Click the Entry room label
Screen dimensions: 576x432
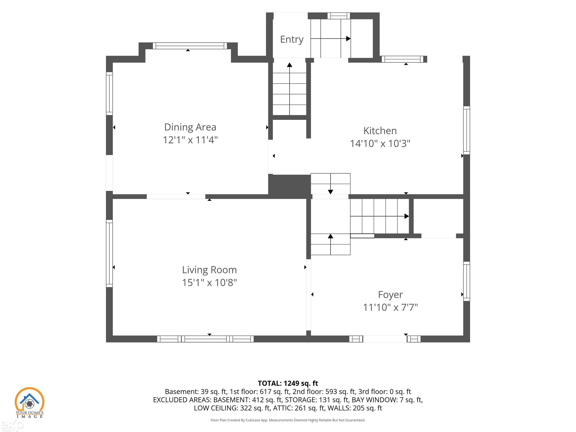(292, 40)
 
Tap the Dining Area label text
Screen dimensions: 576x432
(190, 127)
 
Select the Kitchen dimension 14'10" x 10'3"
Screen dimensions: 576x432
(380, 143)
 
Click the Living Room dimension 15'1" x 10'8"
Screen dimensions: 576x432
(209, 283)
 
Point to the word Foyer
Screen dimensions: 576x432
(390, 295)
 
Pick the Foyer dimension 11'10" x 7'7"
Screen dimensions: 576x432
(390, 307)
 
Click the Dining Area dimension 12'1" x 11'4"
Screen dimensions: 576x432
(190, 140)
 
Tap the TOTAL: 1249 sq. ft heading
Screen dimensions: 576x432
(288, 383)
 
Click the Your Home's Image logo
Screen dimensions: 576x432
(29, 403)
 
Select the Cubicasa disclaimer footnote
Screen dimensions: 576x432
(288, 420)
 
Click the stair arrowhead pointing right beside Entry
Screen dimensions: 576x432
(348, 39)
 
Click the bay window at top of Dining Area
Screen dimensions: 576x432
(190, 46)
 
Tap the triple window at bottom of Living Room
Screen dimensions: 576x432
(205, 339)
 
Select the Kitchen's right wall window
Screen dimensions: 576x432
(467, 130)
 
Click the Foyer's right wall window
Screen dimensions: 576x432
(467, 281)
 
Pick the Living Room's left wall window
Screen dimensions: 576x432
(109, 253)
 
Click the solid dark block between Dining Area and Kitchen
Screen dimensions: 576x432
(289, 186)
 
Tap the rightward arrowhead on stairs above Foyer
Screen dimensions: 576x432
(406, 216)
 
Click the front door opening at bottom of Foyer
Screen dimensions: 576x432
(385, 339)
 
